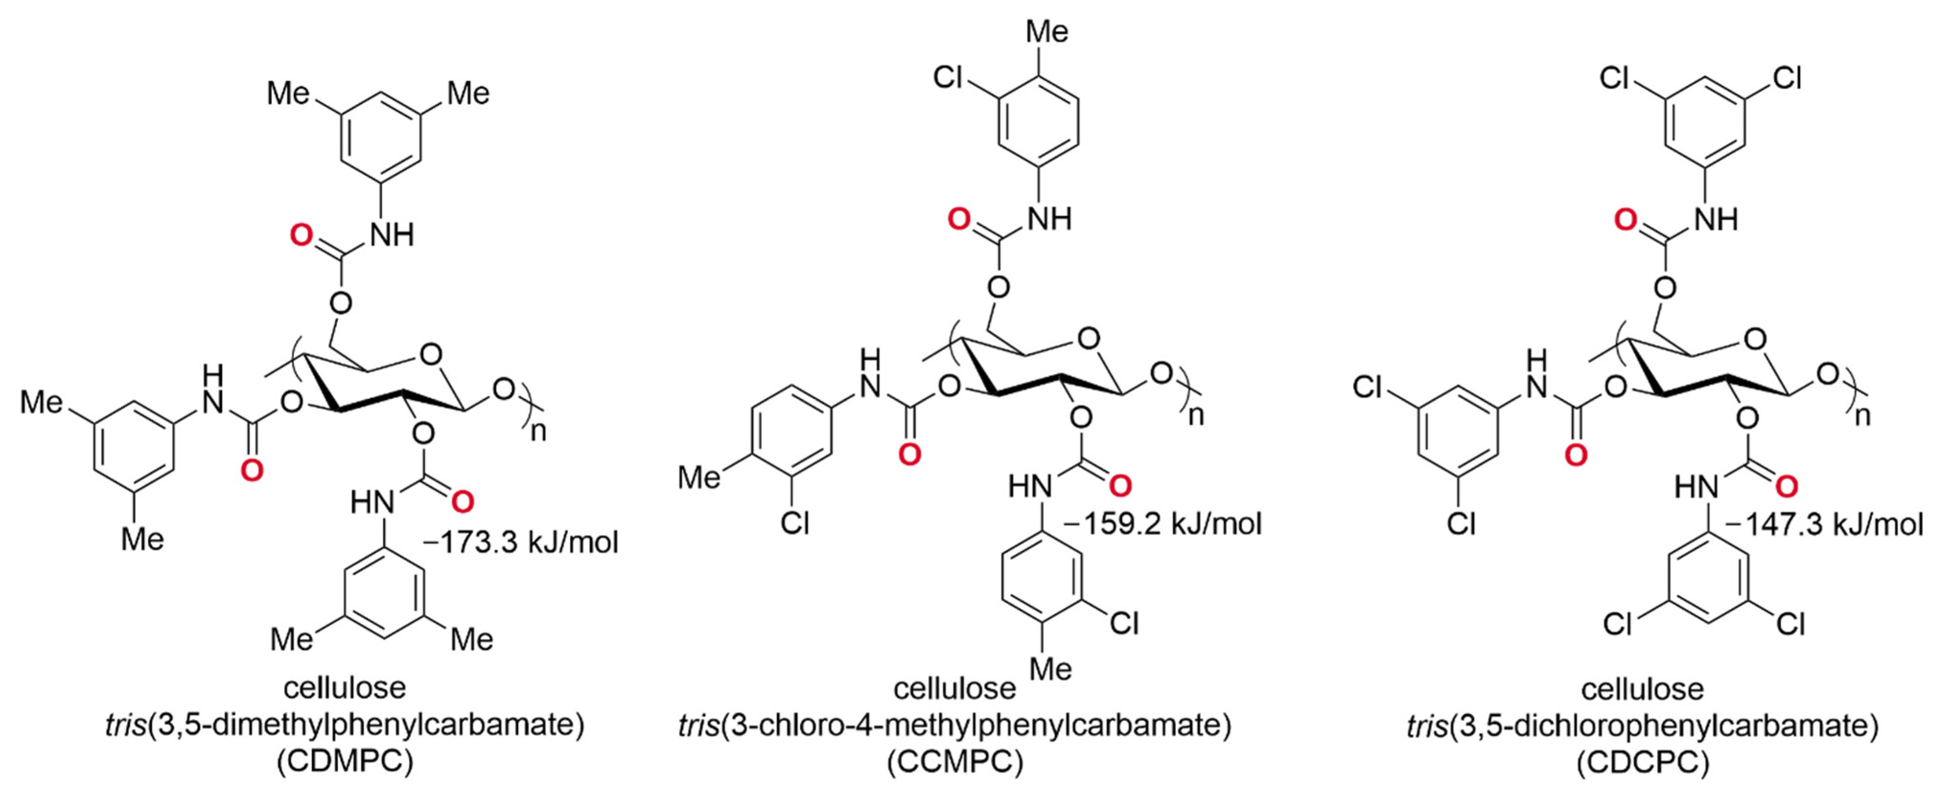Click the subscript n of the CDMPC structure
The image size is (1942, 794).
click(538, 433)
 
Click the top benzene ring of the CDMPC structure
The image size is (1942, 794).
click(379, 140)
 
